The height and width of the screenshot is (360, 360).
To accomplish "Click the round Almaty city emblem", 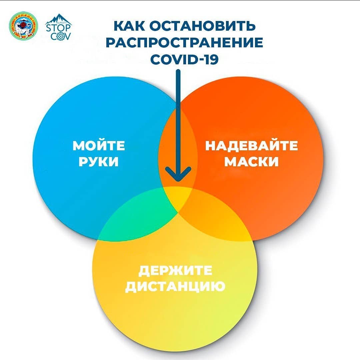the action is pyautogui.click(x=23, y=25).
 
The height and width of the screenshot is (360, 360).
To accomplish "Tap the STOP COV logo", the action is pyautogui.click(x=58, y=27).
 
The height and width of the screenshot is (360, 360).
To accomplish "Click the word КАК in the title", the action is pyautogui.click(x=129, y=25).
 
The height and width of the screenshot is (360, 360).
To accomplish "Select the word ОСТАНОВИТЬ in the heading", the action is pyautogui.click(x=203, y=25).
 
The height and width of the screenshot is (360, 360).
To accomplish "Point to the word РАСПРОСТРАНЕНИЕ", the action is pyautogui.click(x=184, y=42).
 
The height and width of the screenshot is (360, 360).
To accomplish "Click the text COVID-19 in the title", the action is pyautogui.click(x=184, y=59).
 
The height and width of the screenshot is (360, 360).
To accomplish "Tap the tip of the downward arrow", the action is pyautogui.click(x=178, y=181).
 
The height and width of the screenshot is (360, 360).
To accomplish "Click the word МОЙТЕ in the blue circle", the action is pyautogui.click(x=99, y=146).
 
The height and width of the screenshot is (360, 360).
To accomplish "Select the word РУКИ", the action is pyautogui.click(x=99, y=162).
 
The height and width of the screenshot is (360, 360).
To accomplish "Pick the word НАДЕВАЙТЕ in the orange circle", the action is pyautogui.click(x=251, y=146).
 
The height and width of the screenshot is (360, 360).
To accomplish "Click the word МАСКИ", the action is pyautogui.click(x=251, y=162).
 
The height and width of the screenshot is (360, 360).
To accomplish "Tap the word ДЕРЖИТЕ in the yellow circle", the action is pyautogui.click(x=175, y=270).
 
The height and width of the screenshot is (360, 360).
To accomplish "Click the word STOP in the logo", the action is pyautogui.click(x=58, y=28).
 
